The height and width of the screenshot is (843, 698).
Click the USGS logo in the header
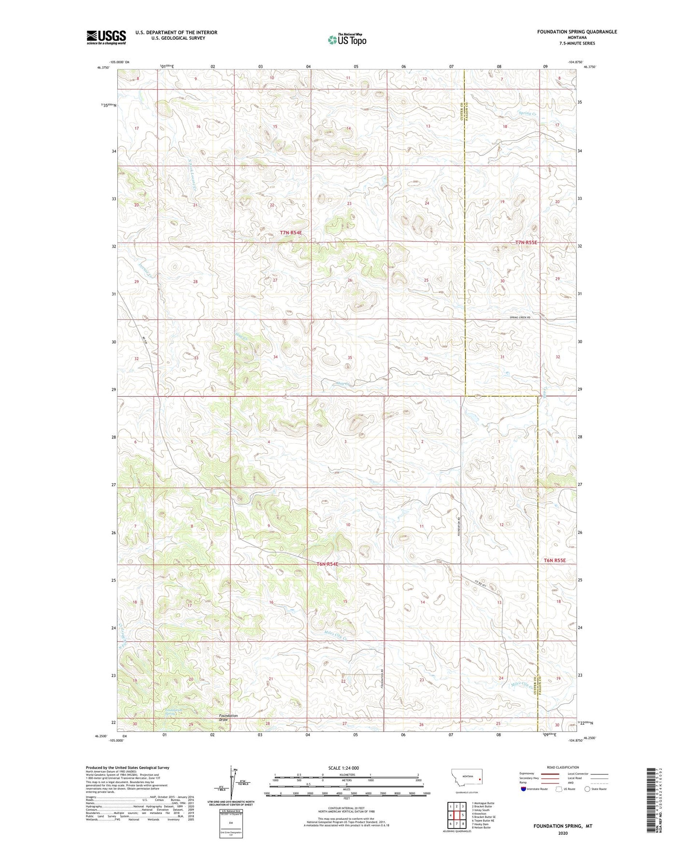[106, 37]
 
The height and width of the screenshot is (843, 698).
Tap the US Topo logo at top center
[347, 40]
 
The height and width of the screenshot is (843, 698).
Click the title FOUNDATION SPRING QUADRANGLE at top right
[577, 32]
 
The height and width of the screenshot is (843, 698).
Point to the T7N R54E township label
[291, 233]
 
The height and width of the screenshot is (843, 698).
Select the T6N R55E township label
[554, 561]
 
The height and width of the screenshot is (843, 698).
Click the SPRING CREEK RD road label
[520, 317]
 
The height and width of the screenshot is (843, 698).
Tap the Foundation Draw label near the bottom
[228, 717]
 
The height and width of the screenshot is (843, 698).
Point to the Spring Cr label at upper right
[527, 113]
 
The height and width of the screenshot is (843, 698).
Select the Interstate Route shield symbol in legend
[524, 789]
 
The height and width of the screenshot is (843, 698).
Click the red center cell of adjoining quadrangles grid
[455, 815]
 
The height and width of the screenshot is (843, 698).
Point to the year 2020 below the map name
[562, 833]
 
